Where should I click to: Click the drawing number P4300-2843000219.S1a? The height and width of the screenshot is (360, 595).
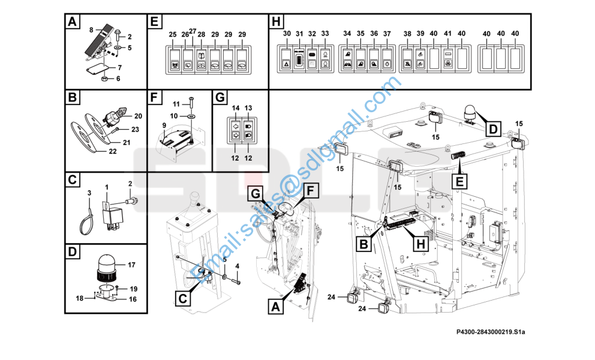point(491,332)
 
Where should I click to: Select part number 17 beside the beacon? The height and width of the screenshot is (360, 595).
point(131,265)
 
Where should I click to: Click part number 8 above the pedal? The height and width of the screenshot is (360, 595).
point(91,29)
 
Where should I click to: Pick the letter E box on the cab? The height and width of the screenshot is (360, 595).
point(459,182)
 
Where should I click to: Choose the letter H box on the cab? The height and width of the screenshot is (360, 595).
point(421,244)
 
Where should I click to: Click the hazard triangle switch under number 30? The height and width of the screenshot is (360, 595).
point(287,65)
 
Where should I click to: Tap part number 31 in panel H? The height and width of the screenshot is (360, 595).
point(299,34)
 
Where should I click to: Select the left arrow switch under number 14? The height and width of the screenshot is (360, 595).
point(236,126)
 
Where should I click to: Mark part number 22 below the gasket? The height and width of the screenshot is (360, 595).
point(113,151)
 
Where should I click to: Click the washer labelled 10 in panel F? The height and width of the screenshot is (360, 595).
point(191,116)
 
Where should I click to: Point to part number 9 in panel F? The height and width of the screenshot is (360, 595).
point(164,125)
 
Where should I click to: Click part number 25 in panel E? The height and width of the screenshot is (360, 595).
point(173,34)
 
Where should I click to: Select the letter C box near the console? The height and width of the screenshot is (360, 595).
point(183,298)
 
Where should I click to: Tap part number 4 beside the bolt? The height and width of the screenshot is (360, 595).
point(237,266)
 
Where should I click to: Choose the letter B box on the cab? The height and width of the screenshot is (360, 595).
point(363,244)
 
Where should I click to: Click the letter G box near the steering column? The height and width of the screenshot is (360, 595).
point(256,194)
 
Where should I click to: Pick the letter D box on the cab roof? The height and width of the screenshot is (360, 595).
point(492,129)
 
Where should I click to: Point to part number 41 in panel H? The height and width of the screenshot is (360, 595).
point(448,34)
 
